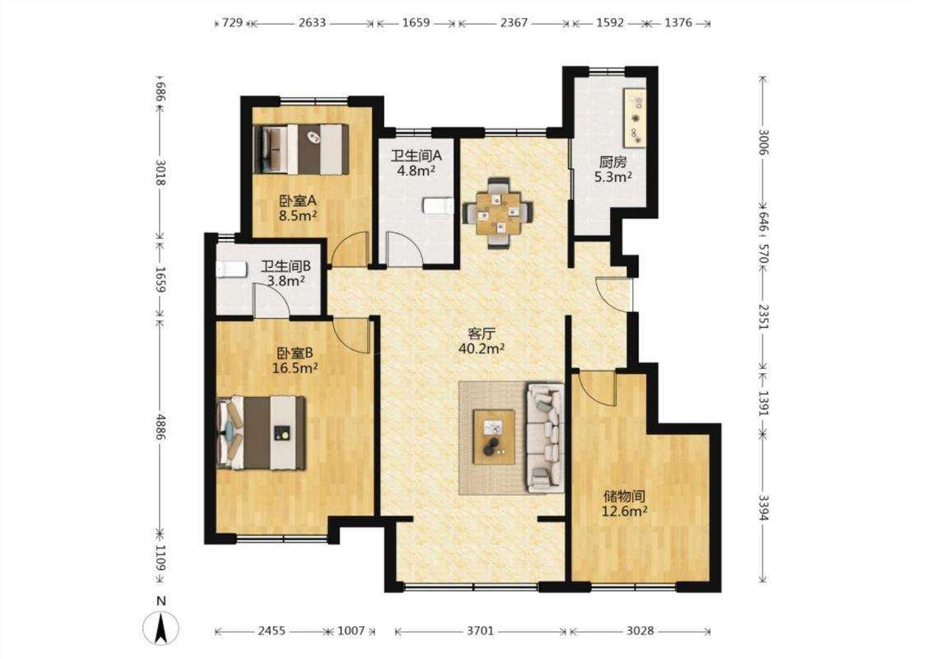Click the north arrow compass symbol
coord(161,627)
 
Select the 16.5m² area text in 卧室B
coord(295,368)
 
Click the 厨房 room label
coord(612,162)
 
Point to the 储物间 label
coord(624,497)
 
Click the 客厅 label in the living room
coord(482,334)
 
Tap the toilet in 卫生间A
coord(438,206)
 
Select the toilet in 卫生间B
coord(231,269)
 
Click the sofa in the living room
coord(545,437)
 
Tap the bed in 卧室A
coord(300,149)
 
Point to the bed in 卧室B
coord(260,432)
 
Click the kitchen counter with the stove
coord(635,118)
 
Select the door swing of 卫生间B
coord(272,300)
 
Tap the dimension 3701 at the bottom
coord(480,631)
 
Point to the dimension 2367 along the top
coord(514,23)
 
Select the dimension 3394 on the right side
coord(763,507)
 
